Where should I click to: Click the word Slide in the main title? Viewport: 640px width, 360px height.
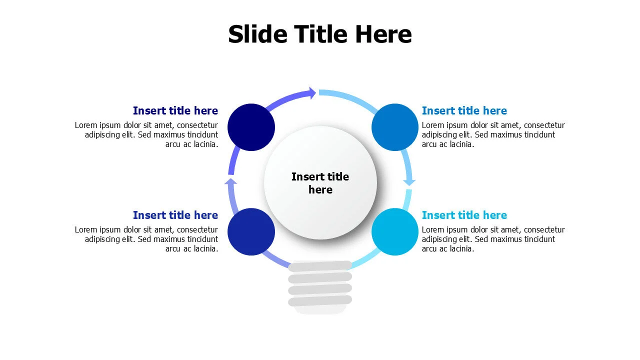point(257,34)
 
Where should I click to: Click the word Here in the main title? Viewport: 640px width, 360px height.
point(383,34)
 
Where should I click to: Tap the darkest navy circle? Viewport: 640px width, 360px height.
point(251,127)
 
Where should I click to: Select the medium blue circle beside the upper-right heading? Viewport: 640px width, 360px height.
point(395,127)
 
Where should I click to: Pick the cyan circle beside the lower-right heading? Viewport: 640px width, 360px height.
point(395,231)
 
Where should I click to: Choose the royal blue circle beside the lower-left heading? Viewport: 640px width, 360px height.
point(251,231)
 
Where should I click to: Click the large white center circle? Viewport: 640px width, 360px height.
point(320,183)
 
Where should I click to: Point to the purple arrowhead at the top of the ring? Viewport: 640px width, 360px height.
point(312,93)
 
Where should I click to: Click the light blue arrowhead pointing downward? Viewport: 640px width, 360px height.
point(409,182)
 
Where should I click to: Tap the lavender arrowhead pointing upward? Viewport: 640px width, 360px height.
point(231,181)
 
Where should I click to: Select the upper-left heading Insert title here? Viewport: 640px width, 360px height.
point(175,110)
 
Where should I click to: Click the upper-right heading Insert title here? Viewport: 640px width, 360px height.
point(464,110)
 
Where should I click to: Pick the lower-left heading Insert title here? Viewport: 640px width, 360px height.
point(175,215)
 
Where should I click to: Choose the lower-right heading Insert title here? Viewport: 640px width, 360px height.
point(464,215)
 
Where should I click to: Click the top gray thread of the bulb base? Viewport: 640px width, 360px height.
point(320,266)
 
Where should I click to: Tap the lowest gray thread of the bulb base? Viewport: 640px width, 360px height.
point(320,301)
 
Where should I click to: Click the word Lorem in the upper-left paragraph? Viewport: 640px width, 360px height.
point(86,125)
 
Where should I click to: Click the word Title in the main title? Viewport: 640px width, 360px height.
point(321,34)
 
